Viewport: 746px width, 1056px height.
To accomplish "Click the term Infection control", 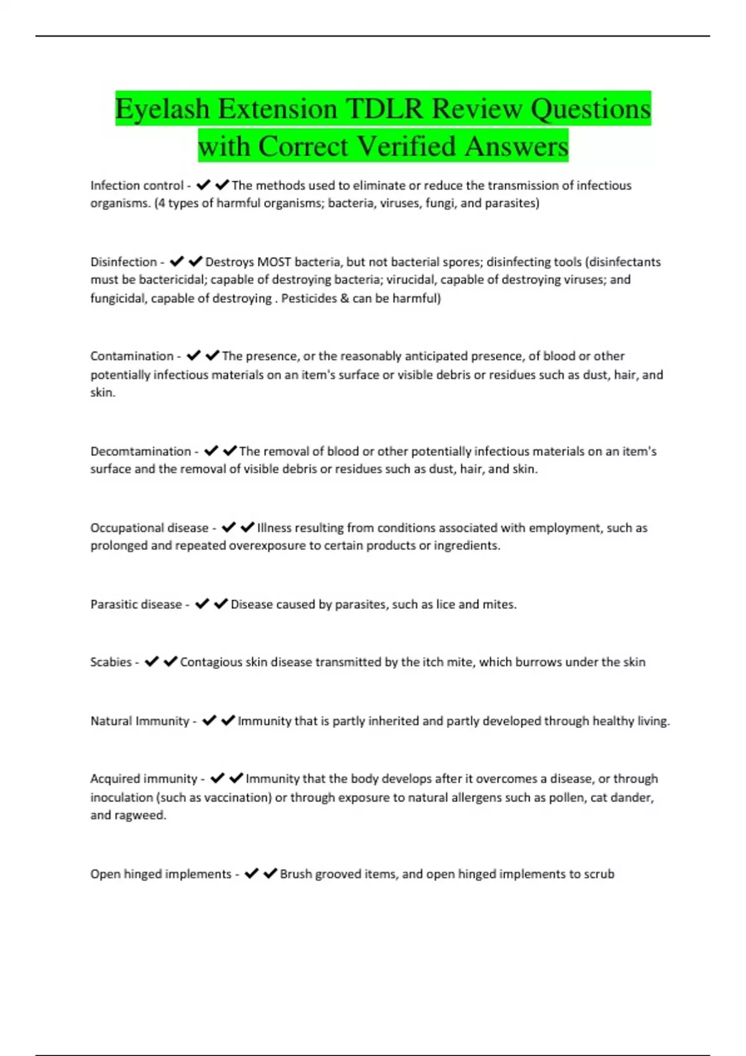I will [136, 186].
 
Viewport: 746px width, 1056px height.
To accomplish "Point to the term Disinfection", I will [123, 262].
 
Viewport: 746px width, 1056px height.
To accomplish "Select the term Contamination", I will [132, 357].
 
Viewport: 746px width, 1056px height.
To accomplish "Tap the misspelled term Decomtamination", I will [140, 452].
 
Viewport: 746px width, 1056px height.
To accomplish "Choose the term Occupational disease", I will [149, 528].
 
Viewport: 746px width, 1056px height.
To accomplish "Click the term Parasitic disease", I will [136, 604].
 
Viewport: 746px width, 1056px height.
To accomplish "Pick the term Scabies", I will [111, 662].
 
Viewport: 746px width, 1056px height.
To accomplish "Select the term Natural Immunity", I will [139, 721].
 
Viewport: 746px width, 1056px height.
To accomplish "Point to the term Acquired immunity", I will [144, 779].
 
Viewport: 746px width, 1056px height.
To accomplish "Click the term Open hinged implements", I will [160, 874].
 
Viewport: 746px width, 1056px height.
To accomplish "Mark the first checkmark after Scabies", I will [152, 662].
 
